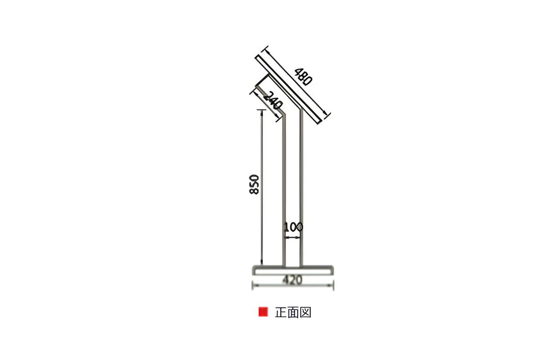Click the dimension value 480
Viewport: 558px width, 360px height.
(x=304, y=77)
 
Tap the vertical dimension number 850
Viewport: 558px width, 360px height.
(x=255, y=184)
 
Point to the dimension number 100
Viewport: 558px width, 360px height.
(x=293, y=227)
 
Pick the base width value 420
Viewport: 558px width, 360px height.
(x=292, y=280)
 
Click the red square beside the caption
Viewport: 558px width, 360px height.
(x=263, y=312)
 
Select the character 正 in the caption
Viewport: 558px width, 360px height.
(x=281, y=312)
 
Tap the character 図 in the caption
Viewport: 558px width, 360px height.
(x=306, y=312)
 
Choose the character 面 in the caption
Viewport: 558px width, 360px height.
(x=293, y=312)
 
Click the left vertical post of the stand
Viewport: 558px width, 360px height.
(x=284, y=193)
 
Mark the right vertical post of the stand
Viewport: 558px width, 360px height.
(x=302, y=193)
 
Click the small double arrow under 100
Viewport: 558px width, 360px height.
(x=293, y=238)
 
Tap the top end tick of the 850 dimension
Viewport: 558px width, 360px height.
(x=262, y=110)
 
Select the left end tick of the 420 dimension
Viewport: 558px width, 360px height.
(x=253, y=286)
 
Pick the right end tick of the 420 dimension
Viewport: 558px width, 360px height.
(x=333, y=286)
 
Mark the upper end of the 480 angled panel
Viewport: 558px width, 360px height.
(x=259, y=58)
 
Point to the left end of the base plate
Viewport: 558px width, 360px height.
(x=254, y=270)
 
